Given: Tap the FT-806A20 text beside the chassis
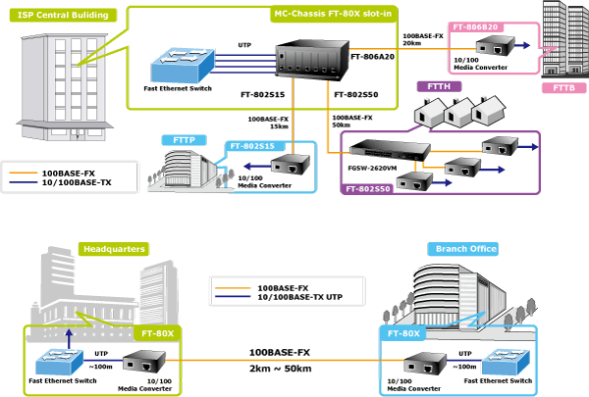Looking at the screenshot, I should [x=372, y=57].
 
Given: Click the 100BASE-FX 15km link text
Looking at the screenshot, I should [x=268, y=122].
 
